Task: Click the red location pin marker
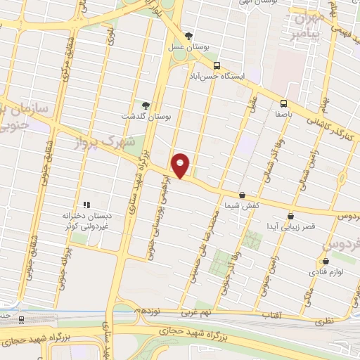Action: [181, 166]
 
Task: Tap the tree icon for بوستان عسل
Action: [188, 37]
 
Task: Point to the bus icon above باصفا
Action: [283, 103]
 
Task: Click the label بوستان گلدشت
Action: [146, 116]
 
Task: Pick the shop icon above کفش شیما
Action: [242, 195]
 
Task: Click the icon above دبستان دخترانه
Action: [86, 205]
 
